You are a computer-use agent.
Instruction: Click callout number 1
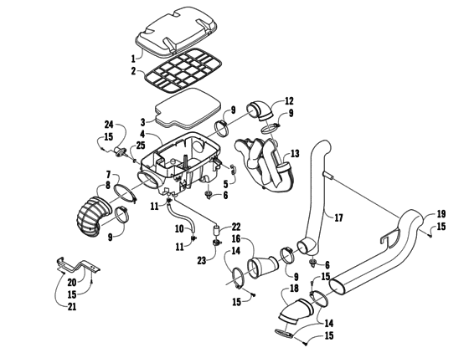[131, 59]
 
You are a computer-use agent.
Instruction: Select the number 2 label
[131, 72]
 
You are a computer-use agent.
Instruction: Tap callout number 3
[143, 121]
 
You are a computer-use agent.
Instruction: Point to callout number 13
[294, 154]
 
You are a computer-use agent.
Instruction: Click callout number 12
[289, 100]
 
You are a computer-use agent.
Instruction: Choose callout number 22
[236, 228]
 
